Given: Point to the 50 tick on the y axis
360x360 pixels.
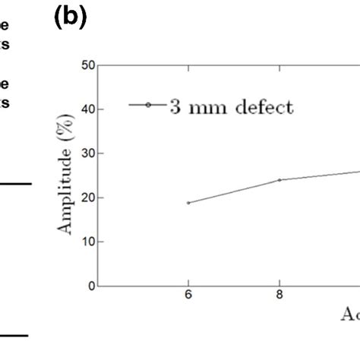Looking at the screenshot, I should click(x=90, y=65).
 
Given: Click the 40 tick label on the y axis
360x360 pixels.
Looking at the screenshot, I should click(x=90, y=109).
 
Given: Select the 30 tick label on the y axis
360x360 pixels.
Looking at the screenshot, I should click(x=90, y=153).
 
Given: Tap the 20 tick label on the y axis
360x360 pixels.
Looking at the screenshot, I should click(x=90, y=197).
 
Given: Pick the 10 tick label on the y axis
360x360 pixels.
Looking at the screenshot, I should click(x=90, y=242).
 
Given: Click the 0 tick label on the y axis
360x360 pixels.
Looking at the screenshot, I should click(x=92, y=286).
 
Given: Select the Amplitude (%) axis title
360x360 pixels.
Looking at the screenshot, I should click(x=68, y=177).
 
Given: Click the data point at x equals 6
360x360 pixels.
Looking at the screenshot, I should click(x=188, y=203).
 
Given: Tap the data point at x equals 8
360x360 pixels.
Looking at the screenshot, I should click(x=279, y=180).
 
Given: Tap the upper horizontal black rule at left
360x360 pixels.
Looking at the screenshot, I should click(x=15, y=183).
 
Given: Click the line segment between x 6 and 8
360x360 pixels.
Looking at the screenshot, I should click(x=234, y=191).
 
